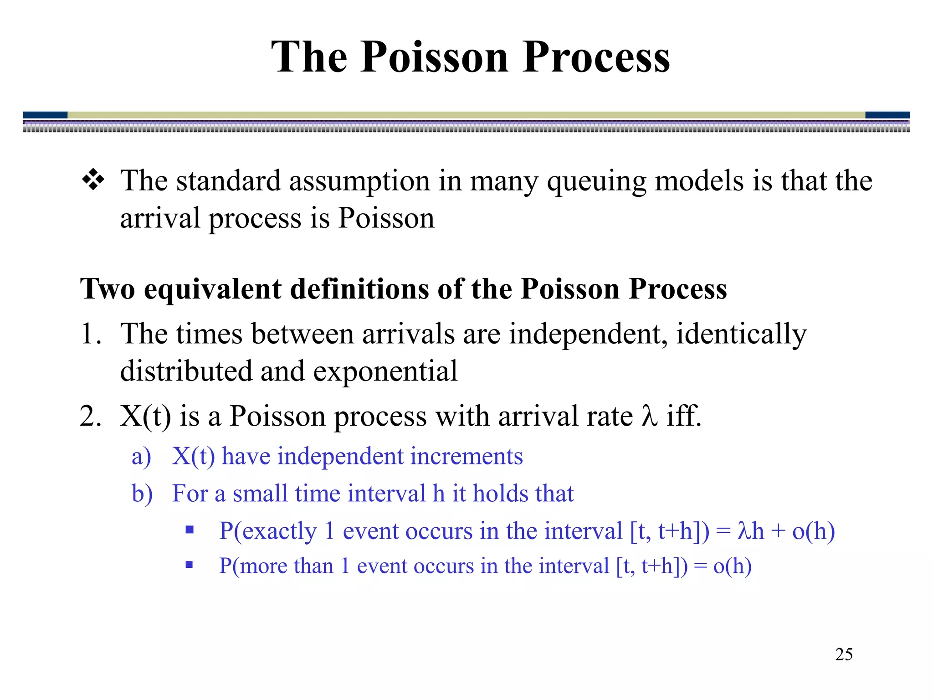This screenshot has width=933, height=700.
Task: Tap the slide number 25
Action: [x=844, y=654]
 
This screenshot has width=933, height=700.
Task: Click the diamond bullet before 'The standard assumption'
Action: [x=93, y=180]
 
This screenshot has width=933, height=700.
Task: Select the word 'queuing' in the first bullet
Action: [x=596, y=181]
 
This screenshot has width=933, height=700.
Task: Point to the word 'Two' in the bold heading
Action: [x=108, y=289]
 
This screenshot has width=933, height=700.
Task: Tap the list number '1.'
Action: [x=91, y=334]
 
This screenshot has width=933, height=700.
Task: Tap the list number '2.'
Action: [x=91, y=416]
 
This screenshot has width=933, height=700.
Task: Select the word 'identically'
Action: [x=741, y=334]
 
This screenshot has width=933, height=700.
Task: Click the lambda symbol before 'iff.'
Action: [x=650, y=416]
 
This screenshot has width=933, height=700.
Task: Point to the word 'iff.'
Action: [x=683, y=416]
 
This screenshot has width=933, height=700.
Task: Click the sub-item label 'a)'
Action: [x=141, y=457]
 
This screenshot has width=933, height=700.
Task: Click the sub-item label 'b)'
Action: [x=142, y=494]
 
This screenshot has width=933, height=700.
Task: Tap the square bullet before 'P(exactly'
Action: [x=190, y=530]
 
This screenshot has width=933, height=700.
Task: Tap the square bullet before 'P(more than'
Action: [x=190, y=566]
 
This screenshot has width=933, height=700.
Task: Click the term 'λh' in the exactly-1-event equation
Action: [x=750, y=531]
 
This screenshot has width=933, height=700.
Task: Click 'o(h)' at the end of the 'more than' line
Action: [x=732, y=566]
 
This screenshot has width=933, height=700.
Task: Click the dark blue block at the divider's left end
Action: [x=45, y=115]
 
